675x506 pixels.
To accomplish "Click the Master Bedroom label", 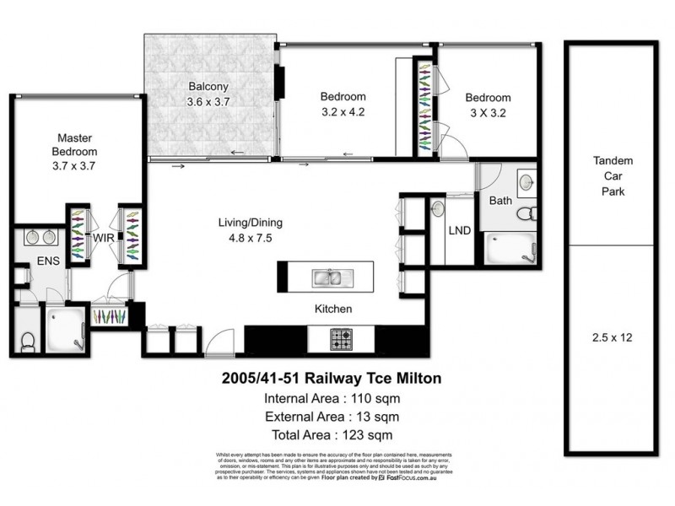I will click(75, 144).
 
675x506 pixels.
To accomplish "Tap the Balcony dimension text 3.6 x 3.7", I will click(208, 101).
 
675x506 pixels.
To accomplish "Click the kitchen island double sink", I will click(325, 276).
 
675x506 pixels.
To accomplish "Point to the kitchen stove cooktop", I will click(342, 339).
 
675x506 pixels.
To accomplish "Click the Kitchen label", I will click(333, 310).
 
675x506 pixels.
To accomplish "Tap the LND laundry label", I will click(460, 229).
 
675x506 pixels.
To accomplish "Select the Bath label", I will click(499, 201).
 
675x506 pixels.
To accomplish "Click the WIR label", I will click(104, 239).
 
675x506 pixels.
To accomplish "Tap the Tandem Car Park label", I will click(613, 176).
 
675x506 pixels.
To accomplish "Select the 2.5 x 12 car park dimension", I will click(613, 337).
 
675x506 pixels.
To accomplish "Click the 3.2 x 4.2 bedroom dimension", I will click(343, 111).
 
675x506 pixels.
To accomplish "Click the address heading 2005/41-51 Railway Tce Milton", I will click(332, 379).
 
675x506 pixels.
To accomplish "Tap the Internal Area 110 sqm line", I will click(332, 398).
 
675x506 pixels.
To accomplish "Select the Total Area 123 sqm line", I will click(332, 435).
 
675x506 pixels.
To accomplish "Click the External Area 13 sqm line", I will click(332, 417).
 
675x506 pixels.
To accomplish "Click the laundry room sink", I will click(437, 207).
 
